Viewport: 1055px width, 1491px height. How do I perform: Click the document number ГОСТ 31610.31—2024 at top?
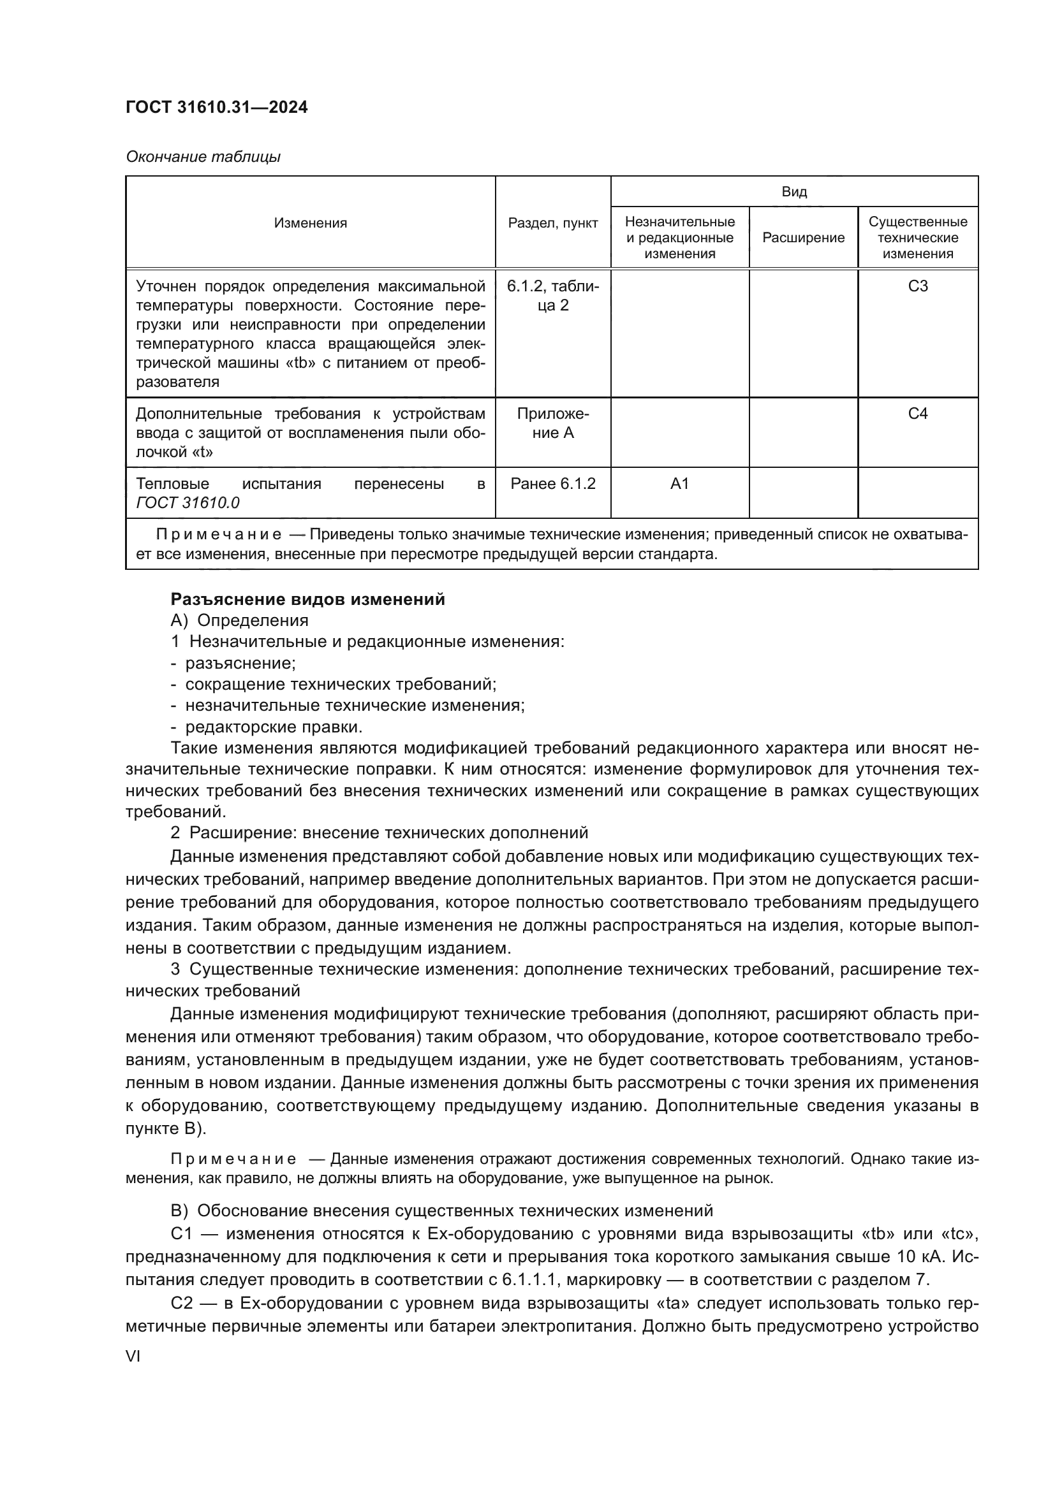point(216,107)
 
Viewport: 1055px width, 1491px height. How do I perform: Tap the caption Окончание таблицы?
point(203,157)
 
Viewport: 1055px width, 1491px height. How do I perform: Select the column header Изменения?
point(311,222)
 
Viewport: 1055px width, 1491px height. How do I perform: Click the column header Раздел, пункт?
point(553,222)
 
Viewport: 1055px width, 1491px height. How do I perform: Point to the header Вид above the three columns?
point(794,192)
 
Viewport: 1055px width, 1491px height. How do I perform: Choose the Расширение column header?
point(803,238)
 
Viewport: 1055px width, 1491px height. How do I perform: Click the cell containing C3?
point(917,286)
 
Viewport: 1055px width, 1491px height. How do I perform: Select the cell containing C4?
point(917,414)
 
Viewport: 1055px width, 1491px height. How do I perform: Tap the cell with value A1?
point(679,484)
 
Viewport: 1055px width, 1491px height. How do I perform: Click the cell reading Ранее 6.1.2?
point(553,484)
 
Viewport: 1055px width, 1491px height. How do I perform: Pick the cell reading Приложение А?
point(553,423)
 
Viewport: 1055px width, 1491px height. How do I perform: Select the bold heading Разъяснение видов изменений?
point(307,599)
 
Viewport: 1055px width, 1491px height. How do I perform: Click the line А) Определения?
point(239,620)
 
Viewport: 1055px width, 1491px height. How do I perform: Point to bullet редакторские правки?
point(274,726)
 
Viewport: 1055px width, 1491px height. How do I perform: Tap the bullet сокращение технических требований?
point(341,684)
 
